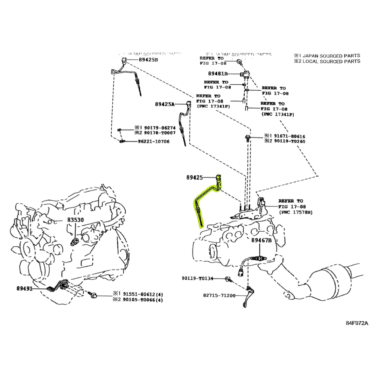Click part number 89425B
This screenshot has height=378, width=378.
[x=148, y=60]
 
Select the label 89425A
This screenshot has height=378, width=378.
[x=164, y=104]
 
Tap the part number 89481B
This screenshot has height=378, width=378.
[x=218, y=74]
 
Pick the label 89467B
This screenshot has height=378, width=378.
[x=261, y=240]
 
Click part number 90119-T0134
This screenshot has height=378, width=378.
[x=197, y=279]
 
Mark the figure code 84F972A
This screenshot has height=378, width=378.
[x=357, y=323]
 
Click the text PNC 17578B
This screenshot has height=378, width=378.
[x=296, y=212]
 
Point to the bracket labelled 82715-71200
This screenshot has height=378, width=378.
[x=247, y=296]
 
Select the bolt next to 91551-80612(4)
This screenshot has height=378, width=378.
[x=93, y=296]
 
